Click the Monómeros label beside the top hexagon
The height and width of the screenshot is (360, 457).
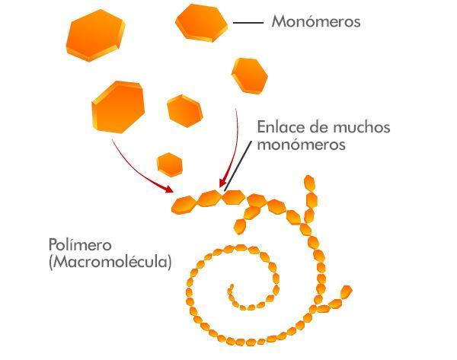[315, 22]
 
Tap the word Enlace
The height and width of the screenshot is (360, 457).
[281, 127]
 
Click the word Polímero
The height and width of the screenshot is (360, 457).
[80, 245]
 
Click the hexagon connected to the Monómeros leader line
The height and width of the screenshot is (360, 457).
[201, 22]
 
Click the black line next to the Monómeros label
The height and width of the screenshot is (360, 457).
[248, 24]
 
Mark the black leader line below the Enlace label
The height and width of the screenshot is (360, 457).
[237, 169]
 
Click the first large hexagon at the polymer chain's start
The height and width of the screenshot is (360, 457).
[184, 204]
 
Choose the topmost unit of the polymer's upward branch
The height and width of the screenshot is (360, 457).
[310, 183]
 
